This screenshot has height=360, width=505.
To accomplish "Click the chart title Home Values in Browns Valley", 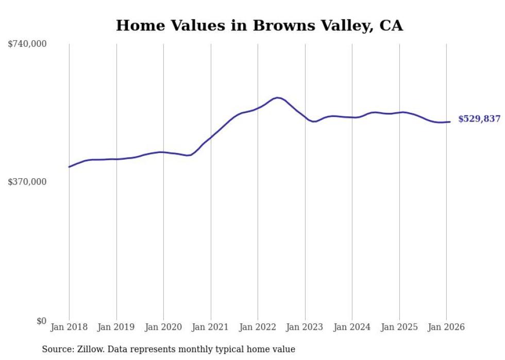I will (259, 25).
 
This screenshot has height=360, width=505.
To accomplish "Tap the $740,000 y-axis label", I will (27, 44).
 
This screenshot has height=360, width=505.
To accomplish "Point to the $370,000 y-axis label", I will (27, 182).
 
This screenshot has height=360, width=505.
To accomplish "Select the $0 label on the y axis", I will (41, 321).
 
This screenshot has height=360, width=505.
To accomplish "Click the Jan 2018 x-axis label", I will (69, 327).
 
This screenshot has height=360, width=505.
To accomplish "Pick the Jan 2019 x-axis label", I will (116, 327).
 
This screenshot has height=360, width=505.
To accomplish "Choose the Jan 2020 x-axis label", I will (163, 327).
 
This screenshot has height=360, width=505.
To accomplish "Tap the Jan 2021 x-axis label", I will (211, 327).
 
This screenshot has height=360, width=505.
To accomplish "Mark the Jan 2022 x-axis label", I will (258, 327).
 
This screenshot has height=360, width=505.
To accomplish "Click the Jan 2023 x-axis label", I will (305, 327).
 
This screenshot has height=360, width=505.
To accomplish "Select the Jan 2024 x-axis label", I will (352, 327).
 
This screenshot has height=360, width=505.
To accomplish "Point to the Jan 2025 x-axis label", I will (399, 327).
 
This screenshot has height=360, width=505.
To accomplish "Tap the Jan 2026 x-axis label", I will (446, 327).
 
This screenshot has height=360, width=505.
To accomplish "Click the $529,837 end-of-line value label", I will (479, 119).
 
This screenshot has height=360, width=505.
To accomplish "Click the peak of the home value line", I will (278, 97).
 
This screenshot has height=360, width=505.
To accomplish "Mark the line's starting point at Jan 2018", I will (69, 167).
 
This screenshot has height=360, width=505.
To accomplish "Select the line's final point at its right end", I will (450, 122).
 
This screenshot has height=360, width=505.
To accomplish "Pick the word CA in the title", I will (391, 25).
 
